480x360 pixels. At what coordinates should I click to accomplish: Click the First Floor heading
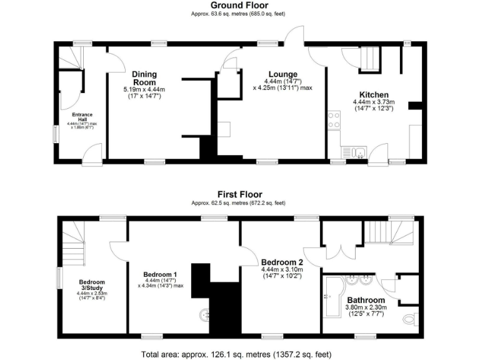239,194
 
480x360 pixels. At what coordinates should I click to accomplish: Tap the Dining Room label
144,78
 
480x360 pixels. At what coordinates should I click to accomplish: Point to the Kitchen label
369,94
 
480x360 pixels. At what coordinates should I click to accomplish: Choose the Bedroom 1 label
160,274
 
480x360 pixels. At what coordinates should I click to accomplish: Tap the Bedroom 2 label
282,261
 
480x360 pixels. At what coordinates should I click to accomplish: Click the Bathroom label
366,299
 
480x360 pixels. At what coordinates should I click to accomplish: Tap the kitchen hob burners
333,120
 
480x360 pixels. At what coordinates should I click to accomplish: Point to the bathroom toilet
409,319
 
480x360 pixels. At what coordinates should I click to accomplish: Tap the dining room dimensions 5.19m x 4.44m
144,90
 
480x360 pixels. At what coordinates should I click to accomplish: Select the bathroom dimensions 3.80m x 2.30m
366,307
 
